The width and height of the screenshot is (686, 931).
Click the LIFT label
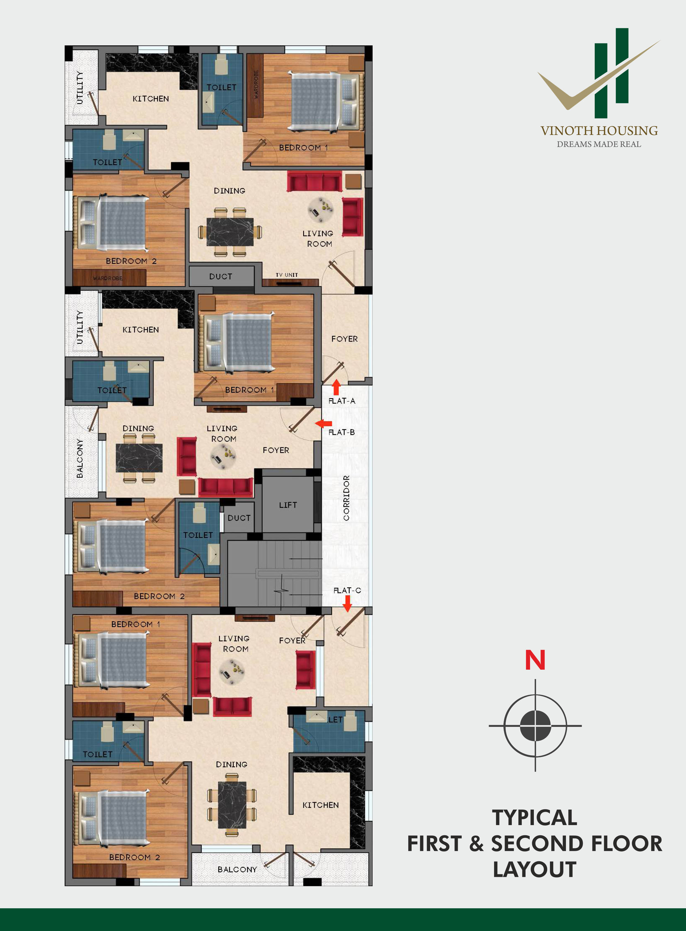point(288,505)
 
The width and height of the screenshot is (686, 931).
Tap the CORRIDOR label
point(346,498)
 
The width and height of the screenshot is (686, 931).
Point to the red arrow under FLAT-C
point(347,603)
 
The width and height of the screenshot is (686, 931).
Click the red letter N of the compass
point(535,660)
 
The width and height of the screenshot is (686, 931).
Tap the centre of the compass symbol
point(535,725)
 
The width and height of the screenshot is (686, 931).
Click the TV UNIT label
point(287,275)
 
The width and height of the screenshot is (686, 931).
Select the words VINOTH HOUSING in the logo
point(599,131)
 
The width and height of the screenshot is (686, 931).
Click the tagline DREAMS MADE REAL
point(599,144)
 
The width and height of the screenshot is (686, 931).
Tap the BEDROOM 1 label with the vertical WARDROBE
point(303,147)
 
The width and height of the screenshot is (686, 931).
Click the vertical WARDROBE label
point(256,84)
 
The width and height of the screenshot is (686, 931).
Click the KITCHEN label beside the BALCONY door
point(321,805)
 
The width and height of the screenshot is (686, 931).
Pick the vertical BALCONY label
point(79,458)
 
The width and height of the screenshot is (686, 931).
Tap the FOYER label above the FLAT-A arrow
point(344,339)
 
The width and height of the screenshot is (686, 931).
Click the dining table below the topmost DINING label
point(230,232)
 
